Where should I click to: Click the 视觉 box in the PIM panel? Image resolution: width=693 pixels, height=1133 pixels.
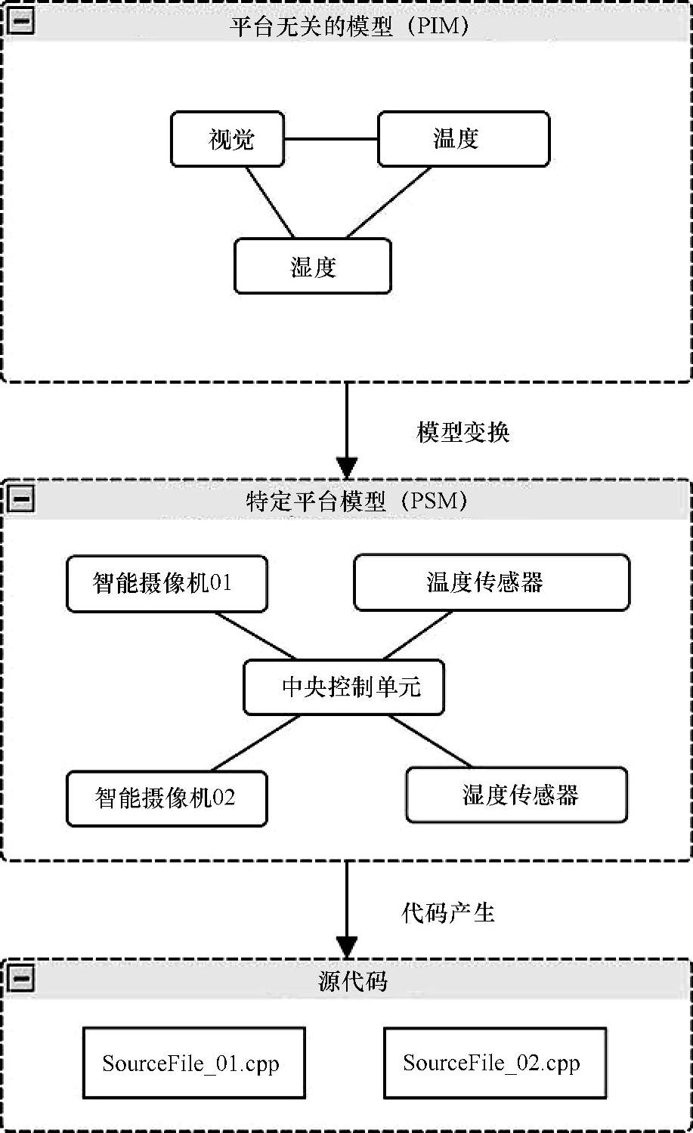[227, 139]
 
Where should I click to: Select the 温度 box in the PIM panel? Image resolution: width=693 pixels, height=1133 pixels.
[464, 139]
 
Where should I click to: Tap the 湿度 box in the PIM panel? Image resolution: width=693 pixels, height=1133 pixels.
[313, 266]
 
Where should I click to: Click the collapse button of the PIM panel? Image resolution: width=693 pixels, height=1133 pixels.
[20, 21]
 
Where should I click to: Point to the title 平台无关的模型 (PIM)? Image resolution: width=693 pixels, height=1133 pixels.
[349, 26]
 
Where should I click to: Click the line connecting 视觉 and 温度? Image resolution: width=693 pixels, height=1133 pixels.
[331, 138]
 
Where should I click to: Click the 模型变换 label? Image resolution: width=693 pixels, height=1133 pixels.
[463, 432]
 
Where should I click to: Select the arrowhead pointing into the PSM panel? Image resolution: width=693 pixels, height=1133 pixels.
[347, 468]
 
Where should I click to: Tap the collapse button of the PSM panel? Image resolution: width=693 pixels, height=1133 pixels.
[20, 499]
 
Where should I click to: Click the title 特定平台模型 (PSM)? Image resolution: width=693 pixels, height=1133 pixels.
[357, 502]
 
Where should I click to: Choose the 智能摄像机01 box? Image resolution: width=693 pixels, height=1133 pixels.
[167, 583]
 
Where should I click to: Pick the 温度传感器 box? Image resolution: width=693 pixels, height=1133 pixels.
[492, 582]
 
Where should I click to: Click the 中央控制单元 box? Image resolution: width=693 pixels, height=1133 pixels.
[344, 687]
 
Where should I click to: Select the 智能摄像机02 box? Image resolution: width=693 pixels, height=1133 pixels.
[167, 798]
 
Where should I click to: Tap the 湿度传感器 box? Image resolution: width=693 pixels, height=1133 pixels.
[517, 795]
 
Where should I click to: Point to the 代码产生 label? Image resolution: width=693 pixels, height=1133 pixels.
[448, 913]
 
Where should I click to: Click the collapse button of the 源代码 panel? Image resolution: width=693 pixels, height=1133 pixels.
[20, 977]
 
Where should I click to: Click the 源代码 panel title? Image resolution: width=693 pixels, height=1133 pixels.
[353, 981]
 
